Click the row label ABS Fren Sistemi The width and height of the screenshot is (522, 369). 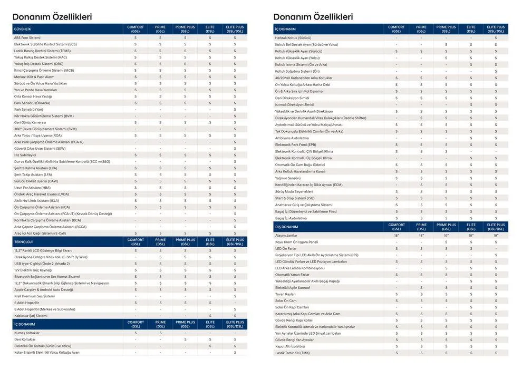[27, 38]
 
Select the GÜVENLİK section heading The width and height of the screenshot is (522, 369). [22, 29]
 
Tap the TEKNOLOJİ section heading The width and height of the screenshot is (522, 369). [24, 241]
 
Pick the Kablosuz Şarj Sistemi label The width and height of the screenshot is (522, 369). [31, 316]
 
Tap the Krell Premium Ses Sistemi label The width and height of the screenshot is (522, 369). [34, 296]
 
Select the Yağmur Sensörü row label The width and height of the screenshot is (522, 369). [287, 178]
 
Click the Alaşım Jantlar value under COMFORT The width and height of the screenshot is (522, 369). [397, 236]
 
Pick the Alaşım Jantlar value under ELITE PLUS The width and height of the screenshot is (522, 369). [496, 236]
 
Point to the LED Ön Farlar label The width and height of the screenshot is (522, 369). [286, 248]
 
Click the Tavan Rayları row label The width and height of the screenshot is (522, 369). [286, 294]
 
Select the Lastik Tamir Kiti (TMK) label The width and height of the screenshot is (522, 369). [293, 353]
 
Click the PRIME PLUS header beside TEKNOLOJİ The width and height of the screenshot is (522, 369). [185, 241]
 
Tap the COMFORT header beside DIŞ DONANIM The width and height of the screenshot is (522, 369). [397, 227]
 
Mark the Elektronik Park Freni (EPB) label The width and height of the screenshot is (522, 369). [295, 145]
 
